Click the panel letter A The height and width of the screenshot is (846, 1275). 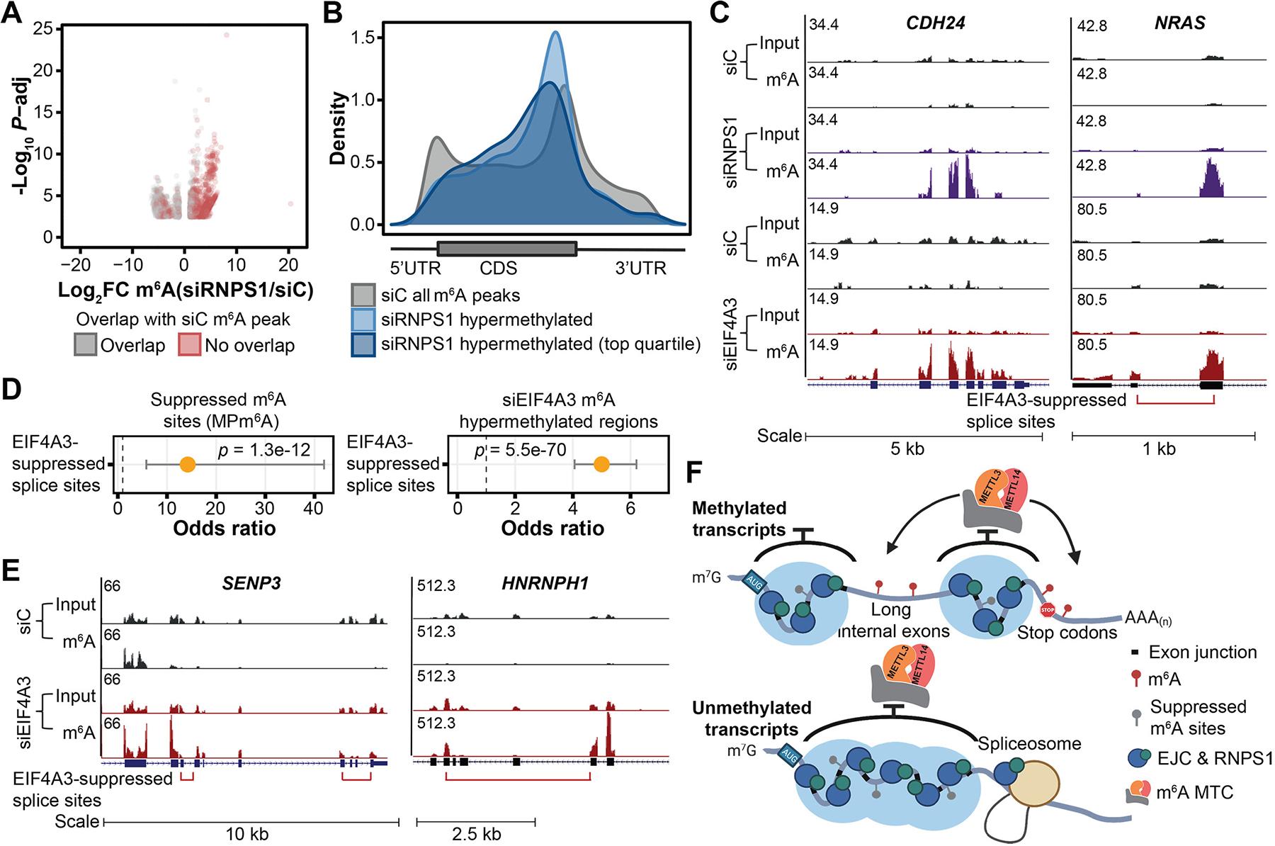pos(12,16)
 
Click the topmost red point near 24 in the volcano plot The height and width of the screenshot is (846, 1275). pos(227,35)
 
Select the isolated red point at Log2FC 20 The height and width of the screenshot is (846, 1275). pos(290,204)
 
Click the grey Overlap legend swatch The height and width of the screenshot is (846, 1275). pos(86,345)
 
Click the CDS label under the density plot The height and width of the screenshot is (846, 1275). pos(499,269)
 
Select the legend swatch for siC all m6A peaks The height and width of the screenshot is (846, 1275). pos(363,295)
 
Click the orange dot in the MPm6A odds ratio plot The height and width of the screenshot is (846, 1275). pos(187,464)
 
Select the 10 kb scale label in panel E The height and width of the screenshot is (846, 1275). pos(246,833)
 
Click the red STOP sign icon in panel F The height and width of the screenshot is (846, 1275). pos(1046,609)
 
